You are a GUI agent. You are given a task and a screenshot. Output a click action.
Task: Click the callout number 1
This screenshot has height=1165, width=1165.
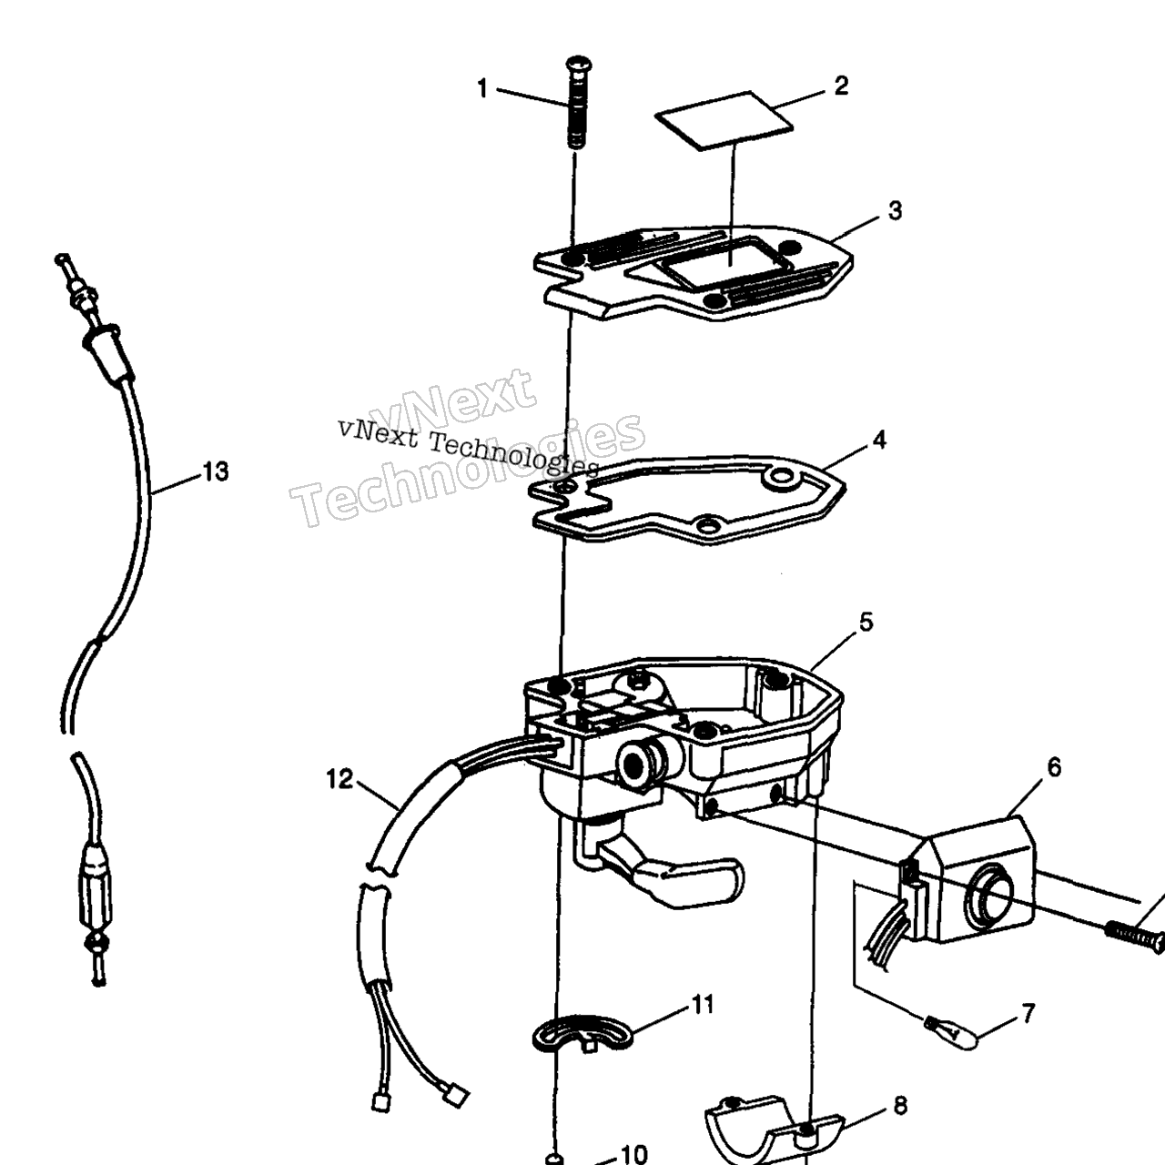[481, 89]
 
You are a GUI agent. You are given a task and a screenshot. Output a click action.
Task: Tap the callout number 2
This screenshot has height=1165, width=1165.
[841, 86]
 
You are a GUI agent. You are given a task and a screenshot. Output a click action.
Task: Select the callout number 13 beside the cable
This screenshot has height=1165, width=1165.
[216, 471]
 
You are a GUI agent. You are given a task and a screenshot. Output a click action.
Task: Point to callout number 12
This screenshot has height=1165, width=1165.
[339, 779]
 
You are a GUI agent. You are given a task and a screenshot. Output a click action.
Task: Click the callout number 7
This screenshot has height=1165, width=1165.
[1028, 1013]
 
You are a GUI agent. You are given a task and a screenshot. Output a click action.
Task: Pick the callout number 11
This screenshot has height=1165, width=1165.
[704, 1004]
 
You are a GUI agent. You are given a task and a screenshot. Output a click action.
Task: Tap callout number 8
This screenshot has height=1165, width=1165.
[900, 1107]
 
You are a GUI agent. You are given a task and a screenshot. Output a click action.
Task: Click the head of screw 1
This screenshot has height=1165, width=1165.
[579, 63]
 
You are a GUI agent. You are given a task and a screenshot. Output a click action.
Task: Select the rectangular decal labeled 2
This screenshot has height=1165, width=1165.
[724, 121]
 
